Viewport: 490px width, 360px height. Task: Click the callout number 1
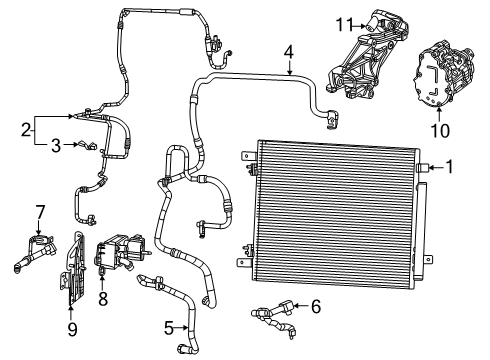448,167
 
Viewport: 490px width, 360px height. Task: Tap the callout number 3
57,145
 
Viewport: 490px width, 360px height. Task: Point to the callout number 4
288,52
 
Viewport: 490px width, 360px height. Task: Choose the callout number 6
317,307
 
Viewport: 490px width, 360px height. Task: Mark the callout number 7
41,212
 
